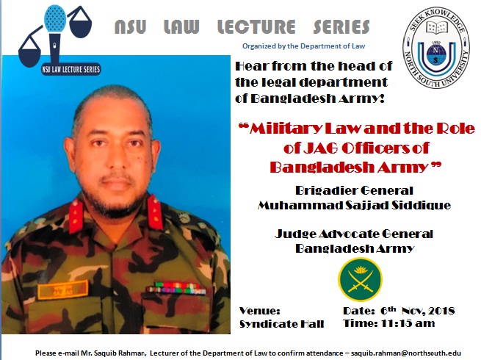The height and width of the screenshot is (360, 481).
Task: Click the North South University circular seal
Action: coord(436,47)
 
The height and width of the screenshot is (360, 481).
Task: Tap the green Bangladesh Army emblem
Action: coord(360,279)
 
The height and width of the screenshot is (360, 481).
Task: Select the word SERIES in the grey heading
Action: coord(341,26)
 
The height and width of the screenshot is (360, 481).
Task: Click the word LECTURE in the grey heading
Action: coord(256,26)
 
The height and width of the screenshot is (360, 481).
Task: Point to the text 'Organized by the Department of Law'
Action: coord(304,46)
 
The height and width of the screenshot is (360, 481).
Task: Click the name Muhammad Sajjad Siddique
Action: coord(354,205)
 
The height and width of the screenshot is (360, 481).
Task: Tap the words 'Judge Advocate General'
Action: coord(354,234)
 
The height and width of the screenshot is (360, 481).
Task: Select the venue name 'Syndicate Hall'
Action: coord(281,324)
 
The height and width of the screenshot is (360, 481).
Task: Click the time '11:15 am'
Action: coord(408,323)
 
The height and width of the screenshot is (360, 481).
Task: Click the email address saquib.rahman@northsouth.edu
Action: coord(406,353)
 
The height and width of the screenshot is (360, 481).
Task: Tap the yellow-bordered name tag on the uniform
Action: coord(63,289)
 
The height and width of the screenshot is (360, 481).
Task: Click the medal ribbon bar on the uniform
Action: coord(176,289)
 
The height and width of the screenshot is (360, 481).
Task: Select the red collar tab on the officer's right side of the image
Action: coord(155,212)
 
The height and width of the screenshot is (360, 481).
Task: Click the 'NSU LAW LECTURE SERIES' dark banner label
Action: coord(71,69)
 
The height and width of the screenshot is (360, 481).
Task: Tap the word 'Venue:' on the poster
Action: coord(259,311)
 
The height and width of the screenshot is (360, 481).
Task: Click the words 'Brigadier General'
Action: coord(354,190)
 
